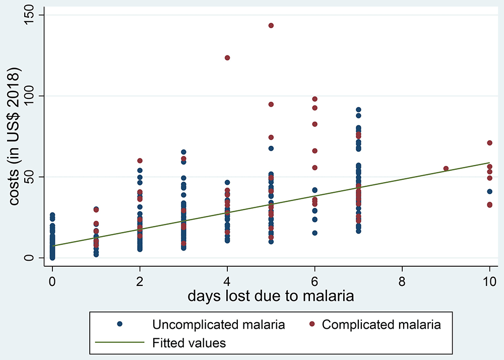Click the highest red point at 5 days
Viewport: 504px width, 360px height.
coord(271,26)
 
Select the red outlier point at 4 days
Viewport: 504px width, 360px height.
coord(227,58)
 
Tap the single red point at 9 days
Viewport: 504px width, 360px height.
coord(446,168)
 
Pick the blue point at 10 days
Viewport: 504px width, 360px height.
coord(489,192)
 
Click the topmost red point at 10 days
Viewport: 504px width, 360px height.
coord(489,143)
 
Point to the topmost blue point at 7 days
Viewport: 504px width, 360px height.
coord(358,109)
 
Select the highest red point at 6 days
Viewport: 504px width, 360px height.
coord(314,99)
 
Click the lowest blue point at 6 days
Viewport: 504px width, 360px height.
coord(314,233)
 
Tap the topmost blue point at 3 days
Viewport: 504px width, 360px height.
coord(183,152)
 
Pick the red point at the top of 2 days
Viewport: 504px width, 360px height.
coord(140,161)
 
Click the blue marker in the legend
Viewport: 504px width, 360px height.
coord(119,325)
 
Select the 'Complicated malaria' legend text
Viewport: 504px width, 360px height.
coord(381,325)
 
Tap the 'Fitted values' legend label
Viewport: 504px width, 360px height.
coord(188,343)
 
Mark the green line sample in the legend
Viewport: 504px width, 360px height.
coord(119,343)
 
